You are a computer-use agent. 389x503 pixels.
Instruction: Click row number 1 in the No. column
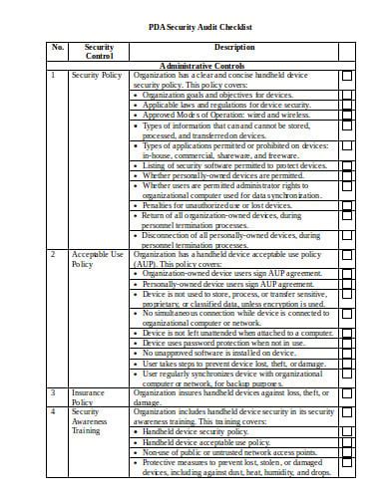click(52, 75)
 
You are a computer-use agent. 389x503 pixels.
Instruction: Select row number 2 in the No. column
click(52, 255)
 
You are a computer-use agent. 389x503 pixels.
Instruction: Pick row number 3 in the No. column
click(52, 392)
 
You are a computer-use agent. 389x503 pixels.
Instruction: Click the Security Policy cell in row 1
click(97, 75)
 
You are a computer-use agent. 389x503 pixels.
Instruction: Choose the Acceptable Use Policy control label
click(97, 260)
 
